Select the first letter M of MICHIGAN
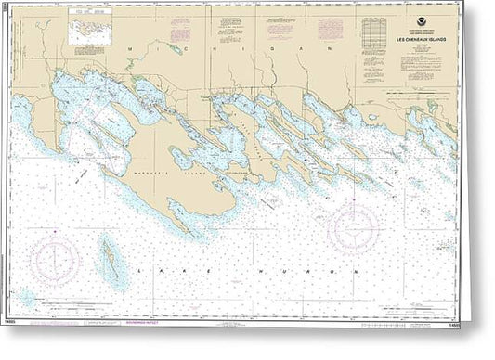click(137, 46)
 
